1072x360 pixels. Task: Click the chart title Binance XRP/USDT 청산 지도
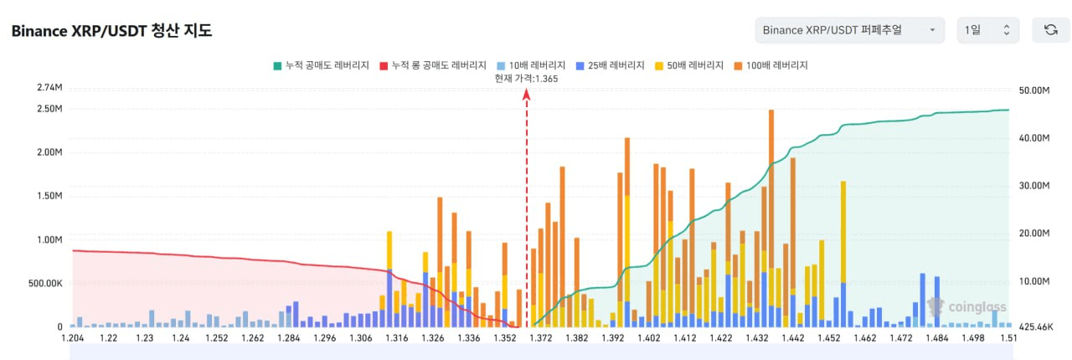pyautogui.click(x=111, y=31)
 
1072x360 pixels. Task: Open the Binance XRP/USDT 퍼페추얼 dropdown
pyautogui.click(x=849, y=30)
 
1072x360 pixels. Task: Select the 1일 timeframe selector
pyautogui.click(x=987, y=30)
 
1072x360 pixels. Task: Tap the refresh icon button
pyautogui.click(x=1050, y=30)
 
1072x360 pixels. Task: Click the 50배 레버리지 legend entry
pyautogui.click(x=688, y=65)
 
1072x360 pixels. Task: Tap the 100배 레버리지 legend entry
pyautogui.click(x=770, y=65)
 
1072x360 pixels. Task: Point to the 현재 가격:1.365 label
pyautogui.click(x=526, y=78)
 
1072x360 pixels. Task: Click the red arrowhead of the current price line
pyautogui.click(x=526, y=95)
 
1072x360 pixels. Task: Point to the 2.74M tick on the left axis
pyautogui.click(x=49, y=88)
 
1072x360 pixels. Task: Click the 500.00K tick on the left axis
pyautogui.click(x=44, y=284)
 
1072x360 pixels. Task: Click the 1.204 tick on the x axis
pyautogui.click(x=72, y=338)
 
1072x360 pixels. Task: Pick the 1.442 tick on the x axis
pyautogui.click(x=793, y=338)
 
